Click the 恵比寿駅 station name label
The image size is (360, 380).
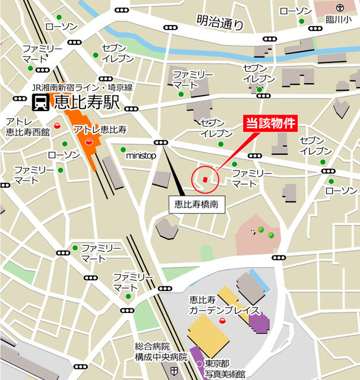click(87, 103)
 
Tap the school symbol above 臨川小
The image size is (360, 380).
click(339, 8)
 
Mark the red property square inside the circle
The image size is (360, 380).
click(205, 179)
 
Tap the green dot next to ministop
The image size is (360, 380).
click(123, 150)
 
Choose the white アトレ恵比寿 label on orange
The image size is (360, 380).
click(101, 129)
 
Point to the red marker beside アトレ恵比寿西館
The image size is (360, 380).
click(57, 125)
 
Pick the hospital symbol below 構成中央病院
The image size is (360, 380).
click(173, 371)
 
